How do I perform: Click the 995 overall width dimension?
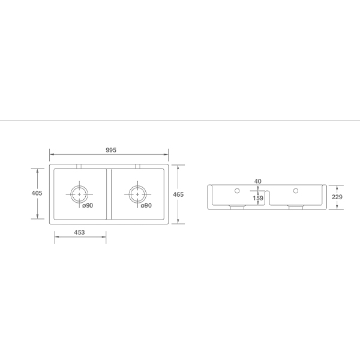[x=111, y=150]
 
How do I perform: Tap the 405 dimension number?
[x=37, y=193]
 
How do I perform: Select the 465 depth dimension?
[x=178, y=194]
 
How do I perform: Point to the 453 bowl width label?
[x=79, y=233]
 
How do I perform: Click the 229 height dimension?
[x=337, y=197]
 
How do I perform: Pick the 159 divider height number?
[x=258, y=198]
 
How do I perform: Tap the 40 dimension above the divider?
[x=257, y=181]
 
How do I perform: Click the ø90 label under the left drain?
[x=88, y=205]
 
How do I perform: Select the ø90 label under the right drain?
[x=146, y=205]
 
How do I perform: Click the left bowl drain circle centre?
[x=79, y=194]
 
